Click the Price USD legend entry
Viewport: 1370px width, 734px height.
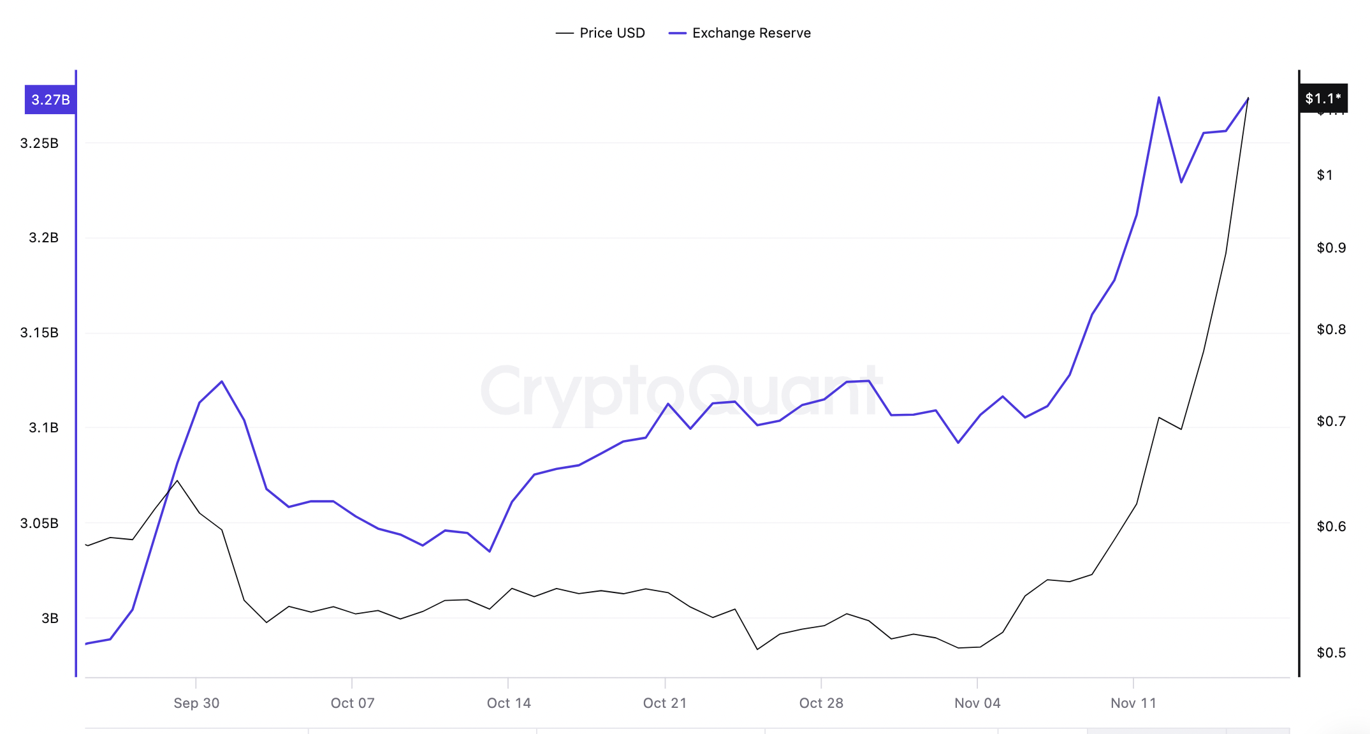601,33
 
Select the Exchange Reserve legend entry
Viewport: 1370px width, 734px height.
740,33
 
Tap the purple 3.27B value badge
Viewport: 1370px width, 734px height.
50,99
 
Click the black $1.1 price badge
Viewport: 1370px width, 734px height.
1323,98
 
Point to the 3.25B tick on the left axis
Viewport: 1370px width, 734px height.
40,143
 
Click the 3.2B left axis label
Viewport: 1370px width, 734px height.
43,238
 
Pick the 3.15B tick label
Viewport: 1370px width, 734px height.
40,333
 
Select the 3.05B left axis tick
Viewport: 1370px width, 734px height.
40,524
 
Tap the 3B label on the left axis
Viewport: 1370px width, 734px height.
50,619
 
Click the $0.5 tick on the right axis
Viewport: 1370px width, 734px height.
1331,653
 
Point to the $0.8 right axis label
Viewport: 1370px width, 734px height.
1331,330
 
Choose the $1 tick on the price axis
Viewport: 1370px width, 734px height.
1325,175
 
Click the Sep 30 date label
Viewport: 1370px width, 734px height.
196,703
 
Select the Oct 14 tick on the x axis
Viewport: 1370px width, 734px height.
509,703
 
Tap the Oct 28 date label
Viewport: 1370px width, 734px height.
821,703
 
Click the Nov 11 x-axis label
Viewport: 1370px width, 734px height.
1133,703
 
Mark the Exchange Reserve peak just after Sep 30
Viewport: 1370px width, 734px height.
222,381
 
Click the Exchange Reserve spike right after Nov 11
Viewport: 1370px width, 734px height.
1159,98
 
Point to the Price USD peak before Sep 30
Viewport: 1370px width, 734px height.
177,480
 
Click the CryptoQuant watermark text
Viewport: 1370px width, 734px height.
681,392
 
